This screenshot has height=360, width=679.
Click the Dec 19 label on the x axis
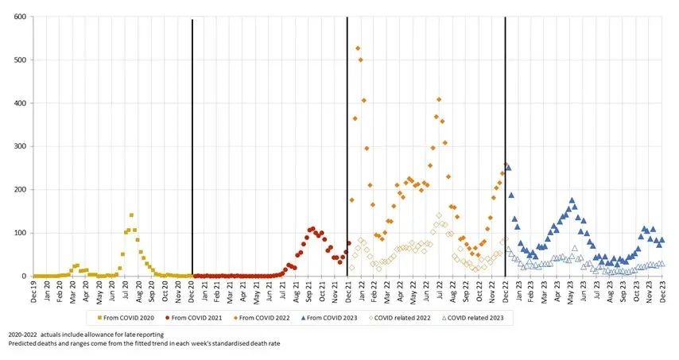(x=33, y=292)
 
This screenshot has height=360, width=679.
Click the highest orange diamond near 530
(x=358, y=48)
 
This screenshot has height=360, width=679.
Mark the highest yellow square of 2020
(x=131, y=215)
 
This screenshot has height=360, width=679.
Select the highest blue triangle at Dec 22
(x=508, y=168)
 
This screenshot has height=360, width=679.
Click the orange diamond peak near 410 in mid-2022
(x=439, y=99)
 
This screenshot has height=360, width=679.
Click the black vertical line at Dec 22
(x=505, y=119)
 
